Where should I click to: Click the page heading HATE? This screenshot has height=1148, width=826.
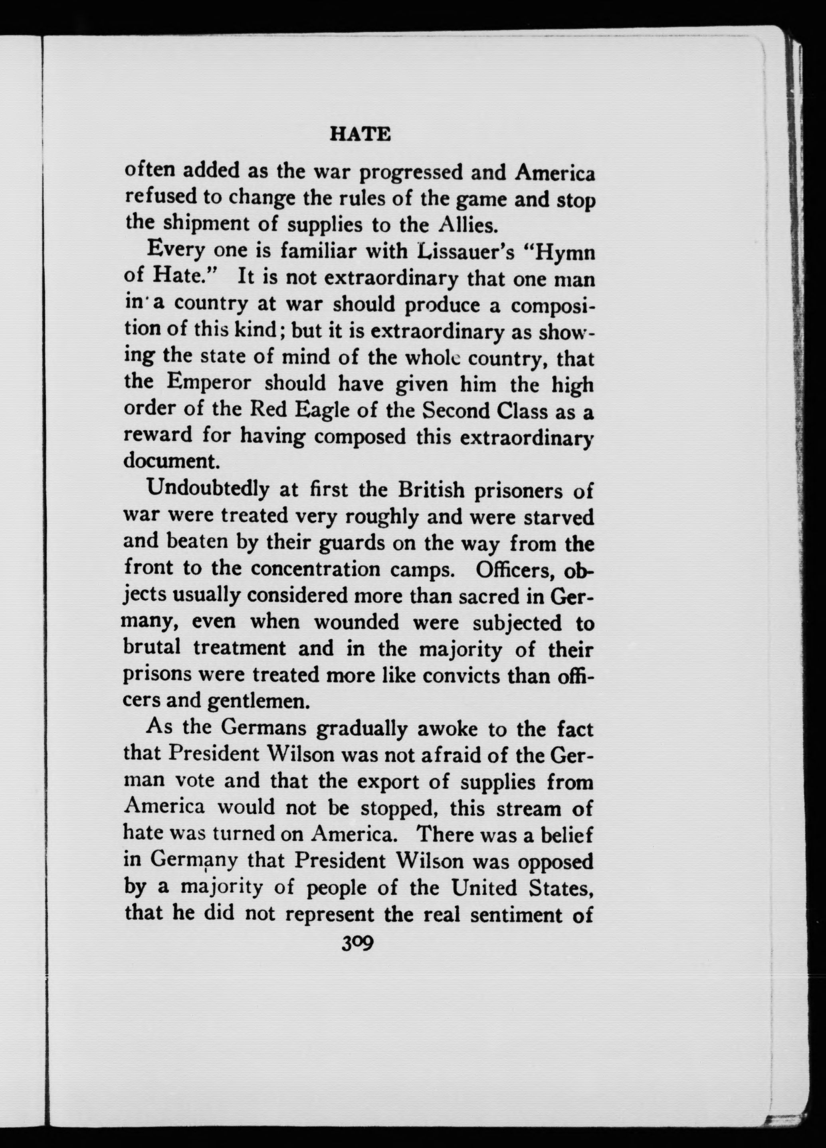360,134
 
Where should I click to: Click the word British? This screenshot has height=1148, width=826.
431,490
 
